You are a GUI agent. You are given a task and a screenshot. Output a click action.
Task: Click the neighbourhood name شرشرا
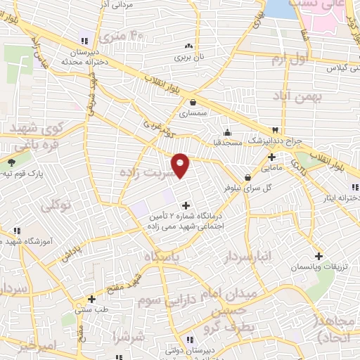click(131, 337)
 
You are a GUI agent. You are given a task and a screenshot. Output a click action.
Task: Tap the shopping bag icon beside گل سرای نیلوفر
click(247, 177)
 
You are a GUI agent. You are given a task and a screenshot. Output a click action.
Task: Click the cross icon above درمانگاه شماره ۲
click(186, 205)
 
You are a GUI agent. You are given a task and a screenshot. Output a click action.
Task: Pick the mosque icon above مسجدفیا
click(227, 131)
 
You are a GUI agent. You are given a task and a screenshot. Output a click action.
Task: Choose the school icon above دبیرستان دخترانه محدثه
click(84, 41)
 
